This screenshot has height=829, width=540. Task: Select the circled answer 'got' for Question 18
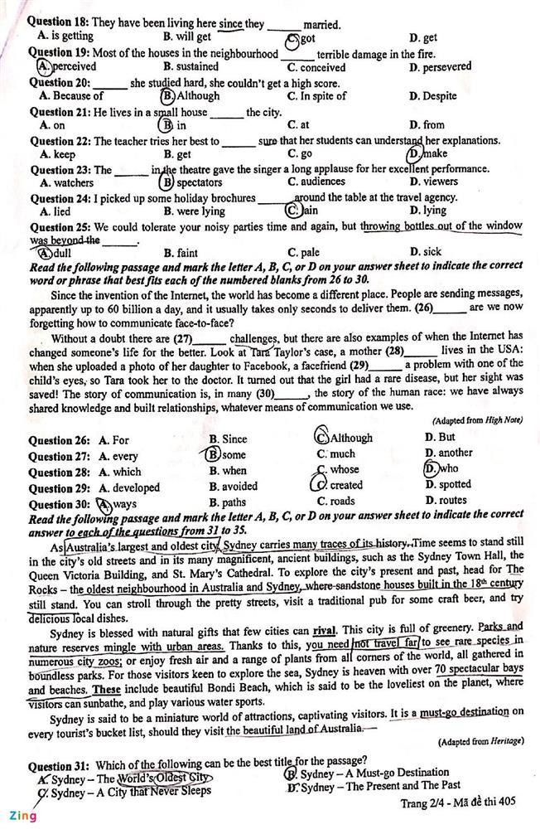point(306,38)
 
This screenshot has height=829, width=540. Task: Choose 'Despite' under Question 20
point(439,96)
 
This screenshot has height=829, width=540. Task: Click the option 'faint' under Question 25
point(186,252)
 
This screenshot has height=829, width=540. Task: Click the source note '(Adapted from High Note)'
point(476,421)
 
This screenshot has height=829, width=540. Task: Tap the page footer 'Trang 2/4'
point(423,802)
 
